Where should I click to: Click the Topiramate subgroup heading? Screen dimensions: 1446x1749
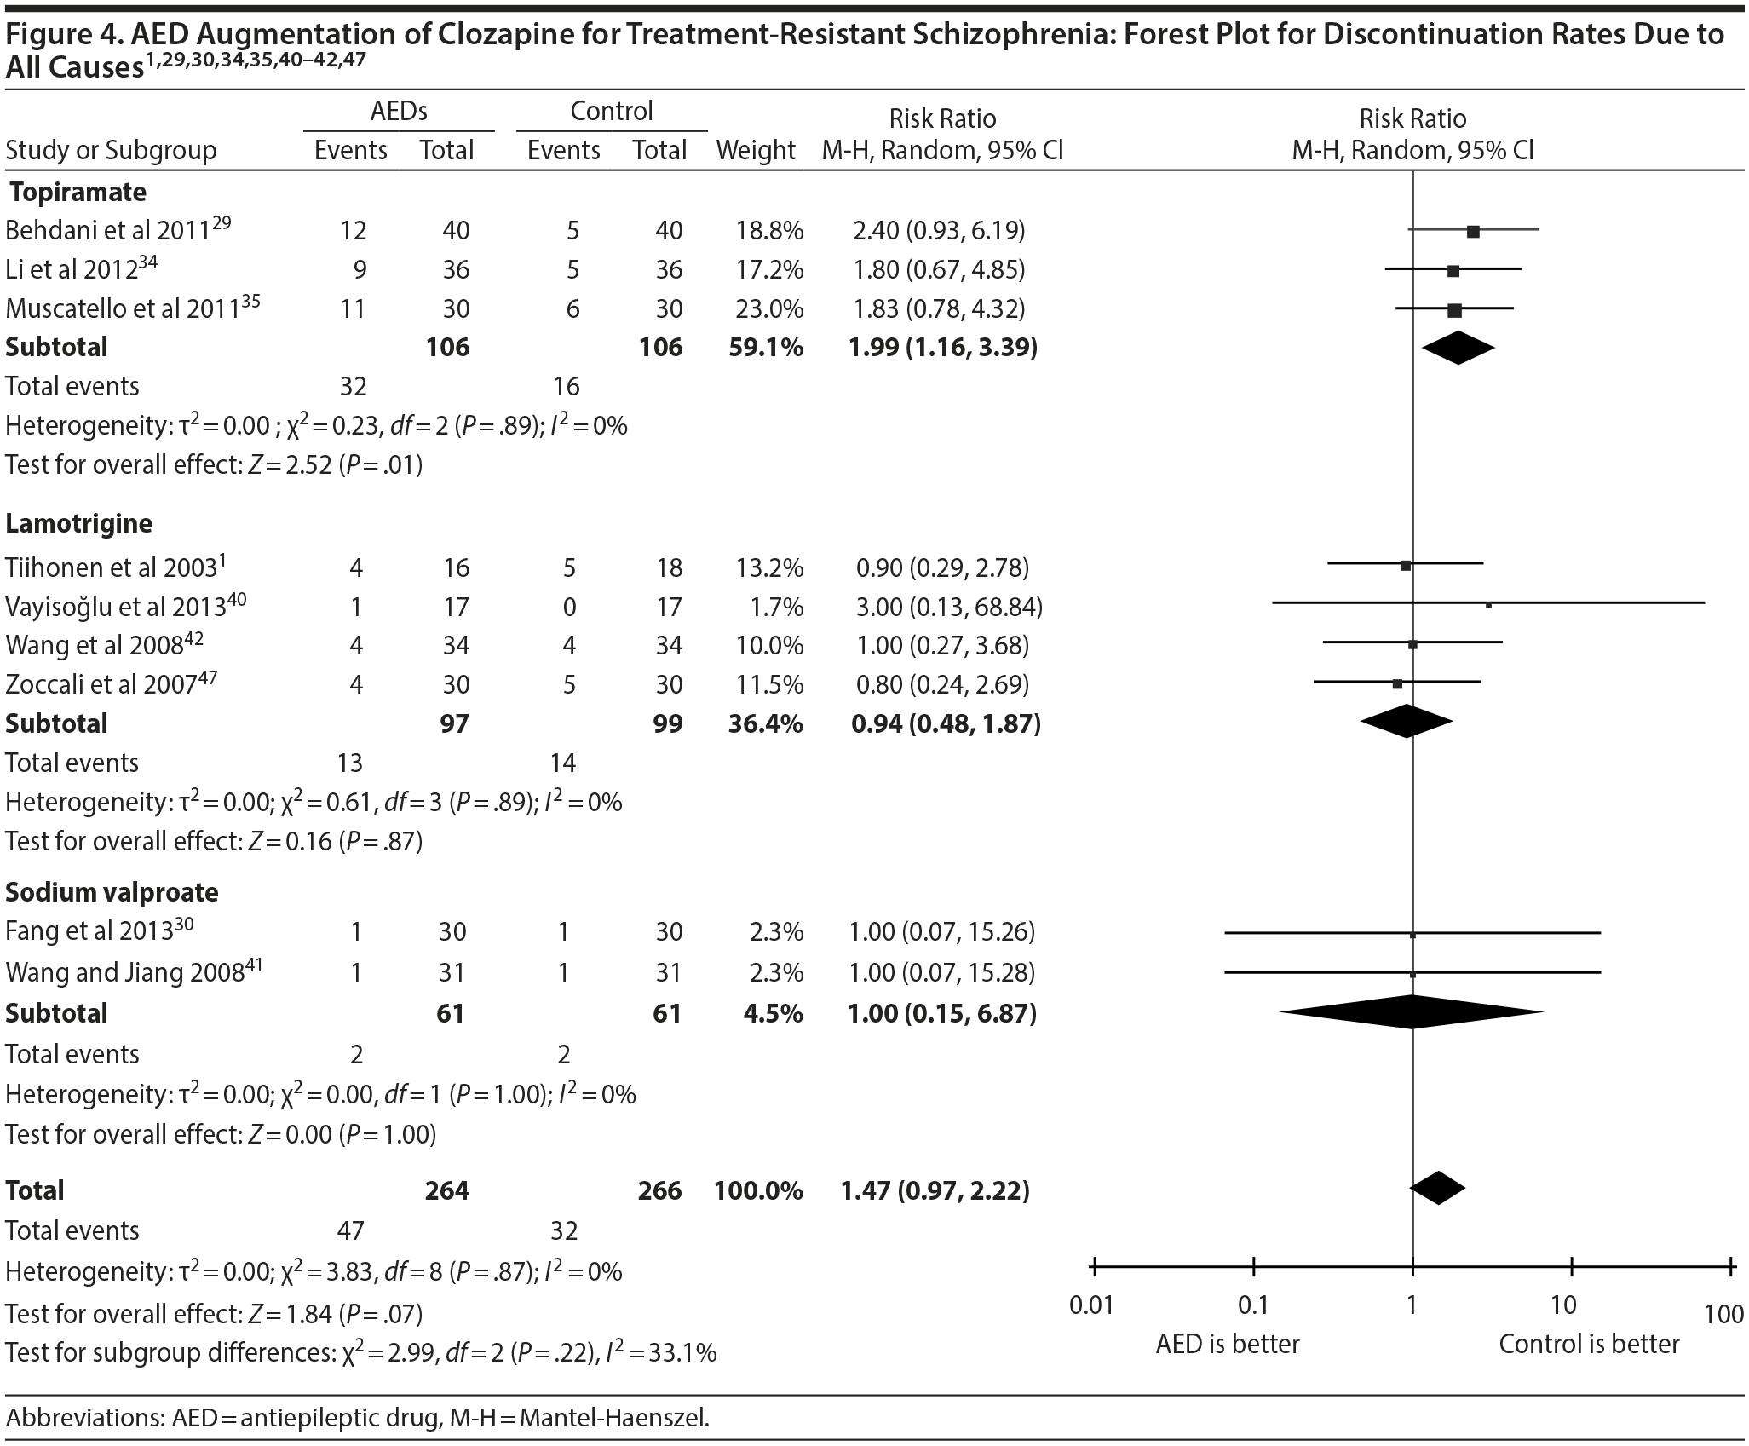point(78,192)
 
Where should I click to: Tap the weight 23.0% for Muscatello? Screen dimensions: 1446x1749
point(769,308)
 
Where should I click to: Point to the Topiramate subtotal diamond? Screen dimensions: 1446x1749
point(1458,348)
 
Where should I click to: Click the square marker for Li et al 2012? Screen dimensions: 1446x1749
point(1453,271)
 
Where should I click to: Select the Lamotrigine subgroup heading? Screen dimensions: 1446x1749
point(79,522)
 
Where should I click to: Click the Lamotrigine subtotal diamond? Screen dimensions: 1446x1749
point(1407,722)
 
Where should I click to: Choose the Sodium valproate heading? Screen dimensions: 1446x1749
point(112,892)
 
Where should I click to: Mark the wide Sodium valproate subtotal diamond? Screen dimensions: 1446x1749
point(1412,1012)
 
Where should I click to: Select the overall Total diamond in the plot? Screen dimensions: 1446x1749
point(1438,1189)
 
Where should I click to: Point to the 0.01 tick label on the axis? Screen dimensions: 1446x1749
point(1091,1305)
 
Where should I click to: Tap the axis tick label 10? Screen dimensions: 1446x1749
point(1564,1305)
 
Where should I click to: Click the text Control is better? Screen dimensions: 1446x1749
point(1589,1345)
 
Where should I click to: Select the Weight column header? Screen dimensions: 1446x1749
point(756,151)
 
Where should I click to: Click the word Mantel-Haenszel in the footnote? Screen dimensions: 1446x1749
point(613,1418)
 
